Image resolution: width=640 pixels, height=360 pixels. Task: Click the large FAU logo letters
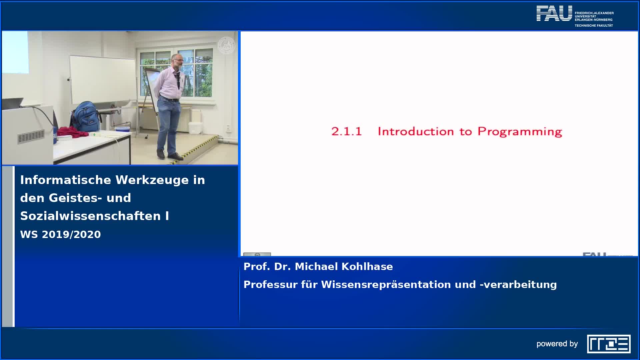click(x=554, y=13)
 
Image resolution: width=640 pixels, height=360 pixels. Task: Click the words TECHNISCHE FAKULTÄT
click(x=594, y=25)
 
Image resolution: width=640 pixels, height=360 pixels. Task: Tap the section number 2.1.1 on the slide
click(x=346, y=131)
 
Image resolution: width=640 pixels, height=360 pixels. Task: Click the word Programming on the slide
click(x=520, y=132)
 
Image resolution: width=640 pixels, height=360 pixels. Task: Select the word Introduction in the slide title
click(x=415, y=131)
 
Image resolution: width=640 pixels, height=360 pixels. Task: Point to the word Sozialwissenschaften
click(x=90, y=216)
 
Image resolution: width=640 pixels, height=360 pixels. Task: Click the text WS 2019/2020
click(x=60, y=234)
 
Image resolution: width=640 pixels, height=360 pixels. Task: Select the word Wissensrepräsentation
click(x=398, y=285)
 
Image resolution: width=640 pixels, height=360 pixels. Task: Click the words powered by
click(x=557, y=344)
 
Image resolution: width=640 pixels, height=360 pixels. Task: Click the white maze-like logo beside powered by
click(x=609, y=344)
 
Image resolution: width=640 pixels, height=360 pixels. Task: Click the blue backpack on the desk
click(x=86, y=117)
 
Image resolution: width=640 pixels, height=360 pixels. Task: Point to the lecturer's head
click(x=178, y=61)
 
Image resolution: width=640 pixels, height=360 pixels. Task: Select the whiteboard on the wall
click(x=102, y=80)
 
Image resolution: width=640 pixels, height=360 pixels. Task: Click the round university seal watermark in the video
click(x=226, y=45)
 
